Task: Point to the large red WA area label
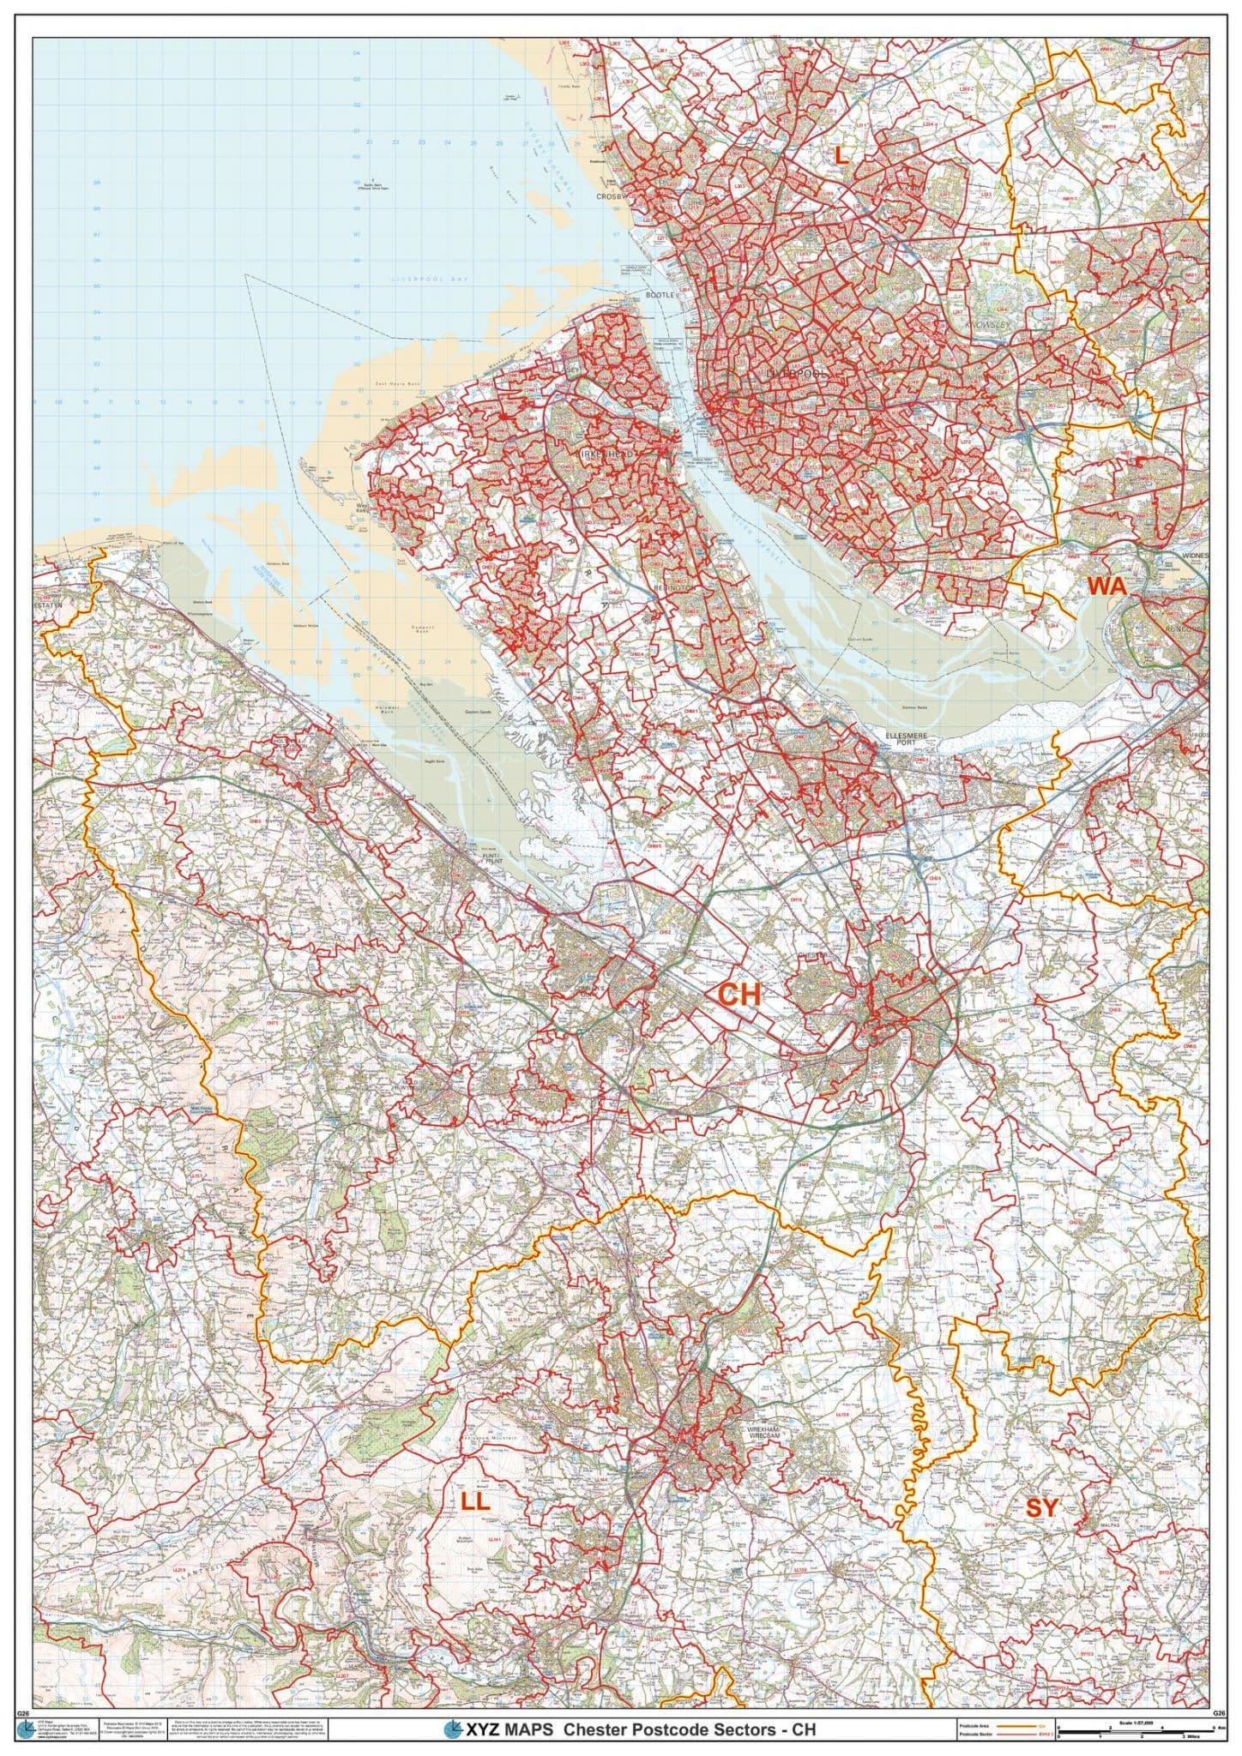coord(1106,585)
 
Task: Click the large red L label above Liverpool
coord(841,154)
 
